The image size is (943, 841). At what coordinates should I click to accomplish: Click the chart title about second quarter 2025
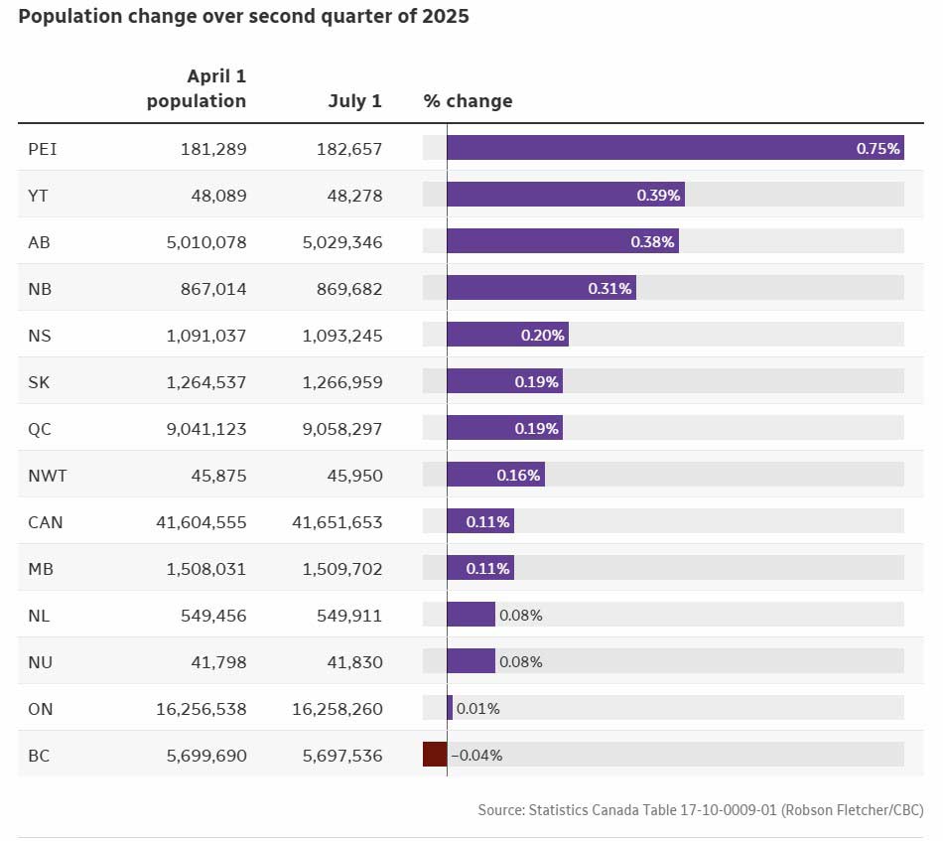pos(243,18)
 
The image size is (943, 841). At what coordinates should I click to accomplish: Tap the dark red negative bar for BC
pos(435,755)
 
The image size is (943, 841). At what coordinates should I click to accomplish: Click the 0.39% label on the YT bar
pos(658,196)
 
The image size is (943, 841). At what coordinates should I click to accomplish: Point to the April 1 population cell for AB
pos(206,242)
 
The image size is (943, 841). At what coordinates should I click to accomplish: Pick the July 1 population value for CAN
pos(337,522)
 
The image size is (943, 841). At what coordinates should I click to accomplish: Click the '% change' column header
pos(468,101)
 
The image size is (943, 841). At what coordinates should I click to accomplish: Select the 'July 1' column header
pos(354,101)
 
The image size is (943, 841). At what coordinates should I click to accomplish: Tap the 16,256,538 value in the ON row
pos(202,709)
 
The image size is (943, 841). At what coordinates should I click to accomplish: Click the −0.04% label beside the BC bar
pos(476,756)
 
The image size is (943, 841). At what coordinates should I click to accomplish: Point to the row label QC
pos(41,429)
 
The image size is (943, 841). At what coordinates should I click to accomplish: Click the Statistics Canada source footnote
pos(700,811)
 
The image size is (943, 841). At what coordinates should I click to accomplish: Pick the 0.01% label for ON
pos(477,709)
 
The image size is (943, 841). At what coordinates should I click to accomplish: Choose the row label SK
pos(40,382)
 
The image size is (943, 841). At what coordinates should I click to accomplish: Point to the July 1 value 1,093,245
pos(341,336)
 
